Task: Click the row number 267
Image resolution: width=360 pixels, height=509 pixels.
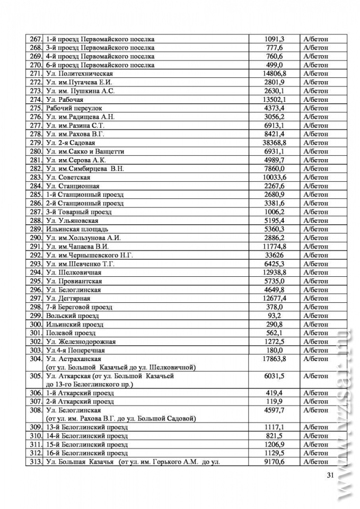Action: tap(36, 39)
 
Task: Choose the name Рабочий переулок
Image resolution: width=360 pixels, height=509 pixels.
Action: tap(72, 108)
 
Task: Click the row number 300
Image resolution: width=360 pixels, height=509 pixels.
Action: tap(36, 324)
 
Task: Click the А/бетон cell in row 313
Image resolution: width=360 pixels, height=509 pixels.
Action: tap(315, 462)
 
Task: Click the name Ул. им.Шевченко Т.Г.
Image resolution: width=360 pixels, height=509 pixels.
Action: tap(80, 264)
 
